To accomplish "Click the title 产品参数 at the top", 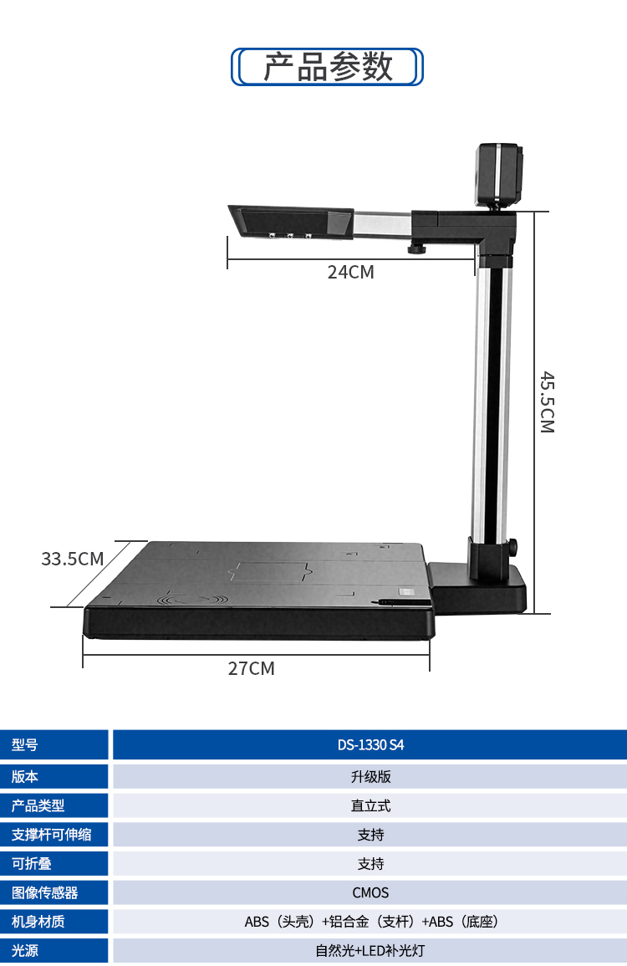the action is (328, 67).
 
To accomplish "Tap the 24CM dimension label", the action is (350, 272).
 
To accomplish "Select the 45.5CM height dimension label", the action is (547, 402).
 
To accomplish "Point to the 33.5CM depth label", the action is (72, 559).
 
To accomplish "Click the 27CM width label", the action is (252, 668).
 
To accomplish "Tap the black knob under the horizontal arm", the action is (417, 249).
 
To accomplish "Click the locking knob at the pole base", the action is (512, 546).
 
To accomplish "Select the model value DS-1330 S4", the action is (371, 745).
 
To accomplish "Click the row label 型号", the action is (24, 745).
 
